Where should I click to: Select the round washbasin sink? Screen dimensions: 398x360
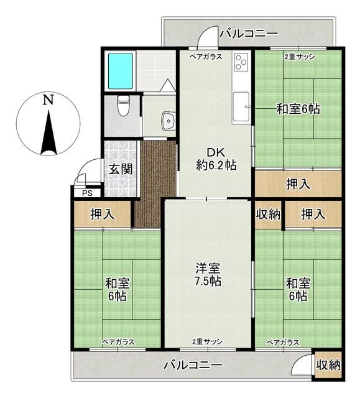pos(167,121)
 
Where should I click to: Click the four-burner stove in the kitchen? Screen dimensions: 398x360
pos(241,63)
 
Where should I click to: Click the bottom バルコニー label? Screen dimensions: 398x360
pos(193,365)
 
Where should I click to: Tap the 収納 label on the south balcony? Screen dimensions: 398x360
pos(328,365)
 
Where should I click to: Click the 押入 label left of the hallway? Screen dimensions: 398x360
pos(103,215)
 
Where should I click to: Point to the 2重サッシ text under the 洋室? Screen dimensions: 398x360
pos(207,342)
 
